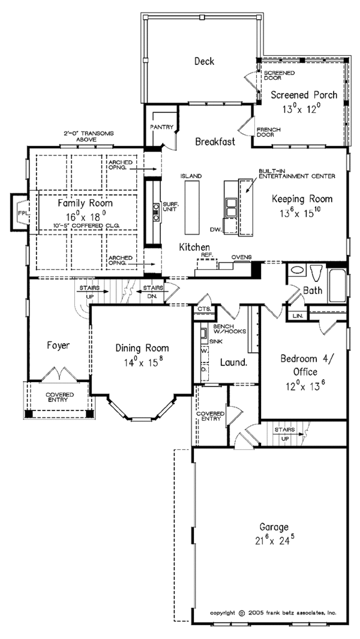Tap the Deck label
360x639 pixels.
pyautogui.click(x=205, y=61)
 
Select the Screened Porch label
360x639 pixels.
pyautogui.click(x=303, y=95)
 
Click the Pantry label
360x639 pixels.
pyautogui.click(x=163, y=127)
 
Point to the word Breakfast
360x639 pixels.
pyautogui.click(x=214, y=142)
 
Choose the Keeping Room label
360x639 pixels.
pyautogui.click(x=302, y=199)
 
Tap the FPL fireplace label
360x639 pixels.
pyautogui.click(x=22, y=213)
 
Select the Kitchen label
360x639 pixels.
pyautogui.click(x=194, y=247)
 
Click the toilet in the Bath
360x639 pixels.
pyautogui.click(x=316, y=273)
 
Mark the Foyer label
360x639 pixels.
pyautogui.click(x=58, y=345)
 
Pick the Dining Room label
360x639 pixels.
pyautogui.click(x=142, y=348)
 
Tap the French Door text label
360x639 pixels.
pyautogui.click(x=265, y=132)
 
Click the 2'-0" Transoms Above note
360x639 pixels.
pyautogui.click(x=89, y=136)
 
